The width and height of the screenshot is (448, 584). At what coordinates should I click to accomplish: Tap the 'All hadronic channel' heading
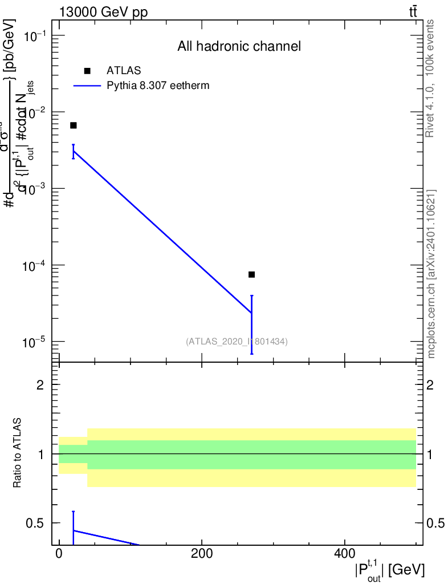(x=239, y=46)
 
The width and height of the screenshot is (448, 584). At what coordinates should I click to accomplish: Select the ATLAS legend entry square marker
(x=87, y=71)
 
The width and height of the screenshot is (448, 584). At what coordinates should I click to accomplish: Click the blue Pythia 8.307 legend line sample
(x=88, y=86)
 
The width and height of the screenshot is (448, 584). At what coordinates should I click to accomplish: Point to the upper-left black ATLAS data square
(x=73, y=125)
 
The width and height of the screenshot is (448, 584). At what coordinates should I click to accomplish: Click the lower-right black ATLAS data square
(x=251, y=274)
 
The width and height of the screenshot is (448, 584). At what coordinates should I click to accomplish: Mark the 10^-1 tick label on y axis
(x=34, y=37)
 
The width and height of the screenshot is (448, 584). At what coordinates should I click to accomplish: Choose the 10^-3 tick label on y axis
(x=34, y=189)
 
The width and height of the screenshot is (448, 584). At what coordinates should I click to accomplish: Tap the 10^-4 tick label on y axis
(x=34, y=266)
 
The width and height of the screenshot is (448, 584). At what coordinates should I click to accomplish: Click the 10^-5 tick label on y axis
(x=34, y=343)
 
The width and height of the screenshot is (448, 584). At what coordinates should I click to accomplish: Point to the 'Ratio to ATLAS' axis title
(x=18, y=453)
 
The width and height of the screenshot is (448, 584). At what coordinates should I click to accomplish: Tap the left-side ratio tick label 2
(x=40, y=385)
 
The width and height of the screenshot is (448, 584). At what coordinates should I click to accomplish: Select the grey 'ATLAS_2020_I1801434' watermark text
(x=237, y=342)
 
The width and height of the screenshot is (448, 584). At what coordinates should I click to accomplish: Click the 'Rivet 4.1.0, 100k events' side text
(x=430, y=78)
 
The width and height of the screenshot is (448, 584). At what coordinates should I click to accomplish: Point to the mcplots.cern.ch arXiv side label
(x=431, y=274)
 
